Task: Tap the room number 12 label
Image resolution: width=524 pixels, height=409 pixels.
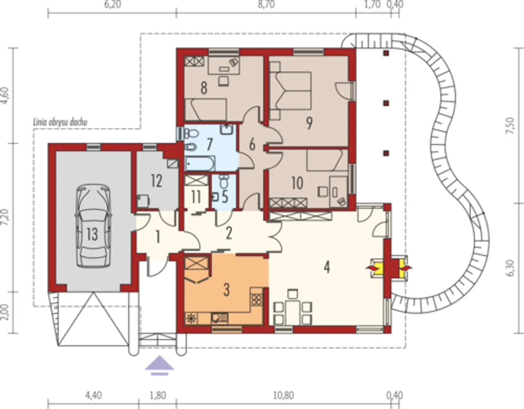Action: click(x=156, y=181)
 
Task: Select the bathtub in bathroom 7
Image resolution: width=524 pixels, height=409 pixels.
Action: click(x=200, y=164)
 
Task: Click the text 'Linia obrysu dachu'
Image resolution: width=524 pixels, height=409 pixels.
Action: click(x=60, y=123)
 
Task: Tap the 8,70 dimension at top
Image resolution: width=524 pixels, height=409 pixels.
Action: click(x=266, y=5)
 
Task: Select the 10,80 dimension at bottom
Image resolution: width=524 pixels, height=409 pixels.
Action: click(x=284, y=395)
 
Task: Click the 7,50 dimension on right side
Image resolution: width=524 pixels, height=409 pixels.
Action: click(x=511, y=125)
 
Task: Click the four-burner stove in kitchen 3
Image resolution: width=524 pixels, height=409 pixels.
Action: click(x=257, y=300)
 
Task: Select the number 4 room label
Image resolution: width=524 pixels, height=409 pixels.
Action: click(x=327, y=267)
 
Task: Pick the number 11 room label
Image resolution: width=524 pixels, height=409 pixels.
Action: click(x=196, y=197)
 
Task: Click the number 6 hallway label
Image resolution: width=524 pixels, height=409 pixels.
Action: click(x=252, y=145)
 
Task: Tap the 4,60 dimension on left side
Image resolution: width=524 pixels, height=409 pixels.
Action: click(x=5, y=95)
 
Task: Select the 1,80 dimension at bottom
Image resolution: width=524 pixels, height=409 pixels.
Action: click(x=158, y=395)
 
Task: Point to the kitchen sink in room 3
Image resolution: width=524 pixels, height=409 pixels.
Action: click(x=219, y=318)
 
